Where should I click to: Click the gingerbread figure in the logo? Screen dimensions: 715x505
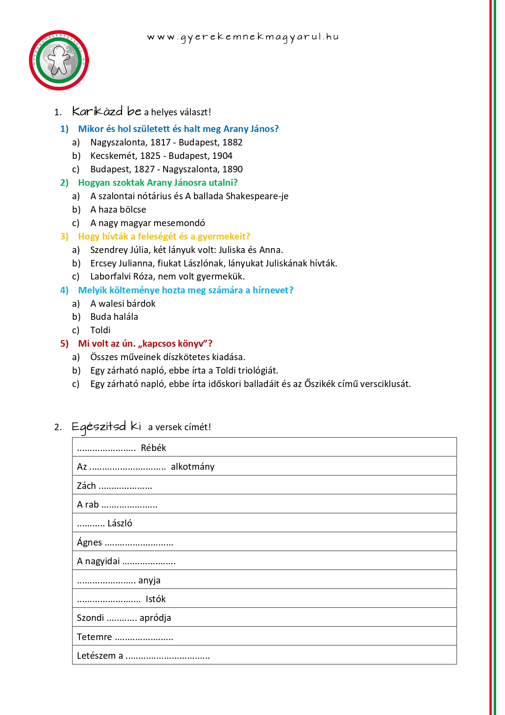click(x=59, y=60)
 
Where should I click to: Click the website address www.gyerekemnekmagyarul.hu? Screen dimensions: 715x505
click(x=243, y=37)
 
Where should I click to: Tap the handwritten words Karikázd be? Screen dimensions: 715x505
click(x=107, y=111)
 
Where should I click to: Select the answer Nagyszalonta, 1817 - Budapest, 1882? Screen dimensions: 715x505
click(x=166, y=142)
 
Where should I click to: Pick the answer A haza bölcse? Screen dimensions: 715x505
click(x=118, y=209)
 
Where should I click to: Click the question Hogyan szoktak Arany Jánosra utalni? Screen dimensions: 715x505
click(x=157, y=183)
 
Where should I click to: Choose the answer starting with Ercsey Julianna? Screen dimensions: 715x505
click(x=213, y=263)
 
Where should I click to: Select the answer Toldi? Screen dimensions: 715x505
click(x=100, y=330)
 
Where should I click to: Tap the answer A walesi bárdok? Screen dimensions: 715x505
click(x=122, y=304)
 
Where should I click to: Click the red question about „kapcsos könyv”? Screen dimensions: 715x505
click(x=145, y=343)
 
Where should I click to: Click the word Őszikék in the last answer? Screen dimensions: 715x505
click(x=320, y=384)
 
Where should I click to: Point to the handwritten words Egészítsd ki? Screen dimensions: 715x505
click(x=106, y=427)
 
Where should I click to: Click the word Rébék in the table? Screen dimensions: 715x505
click(x=153, y=448)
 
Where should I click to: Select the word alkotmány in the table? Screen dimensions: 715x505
click(x=192, y=466)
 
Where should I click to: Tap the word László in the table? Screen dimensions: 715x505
click(x=120, y=523)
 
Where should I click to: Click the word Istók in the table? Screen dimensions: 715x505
click(x=155, y=599)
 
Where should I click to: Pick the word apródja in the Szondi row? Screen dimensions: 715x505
click(x=155, y=618)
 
